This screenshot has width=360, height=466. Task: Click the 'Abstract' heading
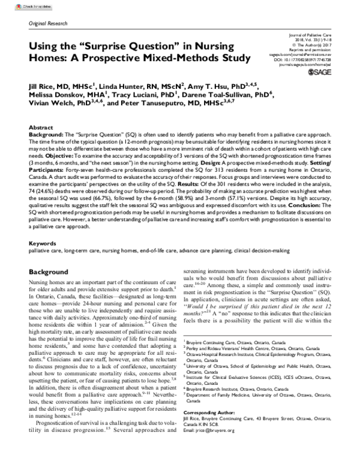pos(40,129)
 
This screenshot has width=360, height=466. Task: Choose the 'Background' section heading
pos(49,272)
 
